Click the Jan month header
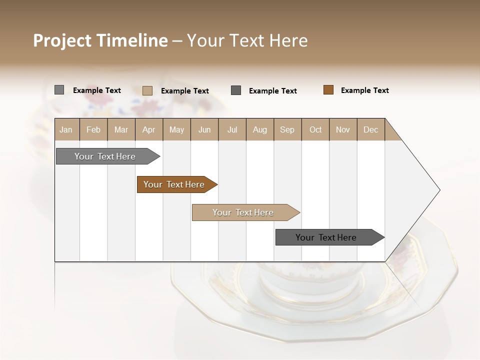click(x=66, y=130)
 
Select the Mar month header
click(x=121, y=130)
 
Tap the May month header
click(x=176, y=130)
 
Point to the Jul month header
click(x=232, y=130)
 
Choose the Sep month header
click(x=287, y=130)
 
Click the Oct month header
click(x=315, y=130)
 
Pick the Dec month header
click(x=370, y=130)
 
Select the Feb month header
click(x=93, y=130)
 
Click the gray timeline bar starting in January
click(x=105, y=156)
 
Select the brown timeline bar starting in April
click(x=174, y=184)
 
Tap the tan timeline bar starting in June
click(x=243, y=212)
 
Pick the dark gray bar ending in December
click(x=326, y=237)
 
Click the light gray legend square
click(x=59, y=90)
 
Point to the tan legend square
click(x=147, y=90)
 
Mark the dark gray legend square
click(x=236, y=90)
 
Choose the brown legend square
click(x=328, y=90)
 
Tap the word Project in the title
click(x=62, y=40)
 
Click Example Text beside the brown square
click(x=364, y=90)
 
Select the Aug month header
click(x=259, y=130)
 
